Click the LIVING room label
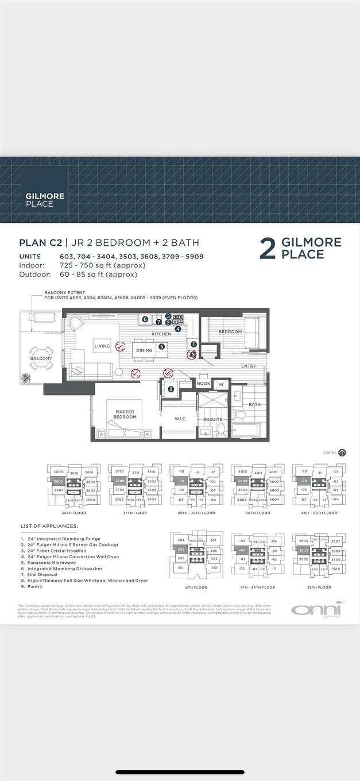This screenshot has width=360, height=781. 102,346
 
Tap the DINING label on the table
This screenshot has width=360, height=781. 144,350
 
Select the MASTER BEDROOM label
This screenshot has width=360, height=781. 125,414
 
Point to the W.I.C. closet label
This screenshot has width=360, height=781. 181,419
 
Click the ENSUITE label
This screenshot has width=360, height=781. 213,419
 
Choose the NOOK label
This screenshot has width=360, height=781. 203,384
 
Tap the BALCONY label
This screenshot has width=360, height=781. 41,358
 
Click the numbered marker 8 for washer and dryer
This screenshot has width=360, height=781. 171,389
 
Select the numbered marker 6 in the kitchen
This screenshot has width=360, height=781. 145,319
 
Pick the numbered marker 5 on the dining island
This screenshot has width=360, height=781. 162,346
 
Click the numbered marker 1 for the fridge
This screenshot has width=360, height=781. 193,345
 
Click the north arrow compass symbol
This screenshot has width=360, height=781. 342,453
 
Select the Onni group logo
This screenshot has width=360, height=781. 316,609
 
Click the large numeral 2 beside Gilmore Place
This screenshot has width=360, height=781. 267,249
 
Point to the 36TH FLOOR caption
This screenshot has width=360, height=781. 73,513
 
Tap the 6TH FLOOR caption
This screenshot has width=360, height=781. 196,587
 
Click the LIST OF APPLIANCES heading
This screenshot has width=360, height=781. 49,526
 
